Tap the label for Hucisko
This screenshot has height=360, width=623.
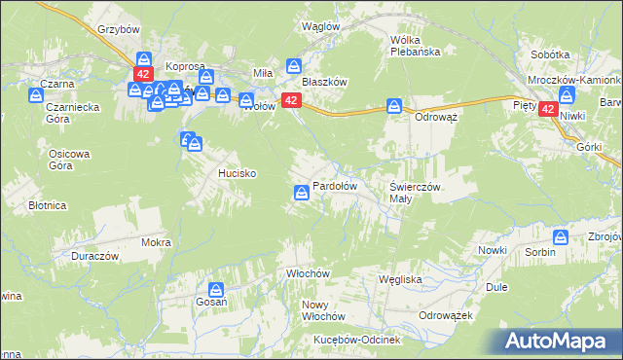click(x=236, y=173)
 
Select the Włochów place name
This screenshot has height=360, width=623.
click(x=304, y=273)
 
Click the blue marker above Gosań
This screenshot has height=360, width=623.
click(x=216, y=288)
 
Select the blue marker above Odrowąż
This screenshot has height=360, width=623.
click(x=394, y=105)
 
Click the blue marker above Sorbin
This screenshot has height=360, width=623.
click(x=561, y=236)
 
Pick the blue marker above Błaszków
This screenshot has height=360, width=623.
click(x=294, y=66)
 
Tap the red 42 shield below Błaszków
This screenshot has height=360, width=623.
click(x=290, y=100)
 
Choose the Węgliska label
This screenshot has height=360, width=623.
click(x=399, y=279)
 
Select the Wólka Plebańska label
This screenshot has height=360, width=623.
click(x=416, y=46)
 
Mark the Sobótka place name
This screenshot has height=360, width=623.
click(x=550, y=55)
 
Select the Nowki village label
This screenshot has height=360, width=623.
click(x=493, y=250)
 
